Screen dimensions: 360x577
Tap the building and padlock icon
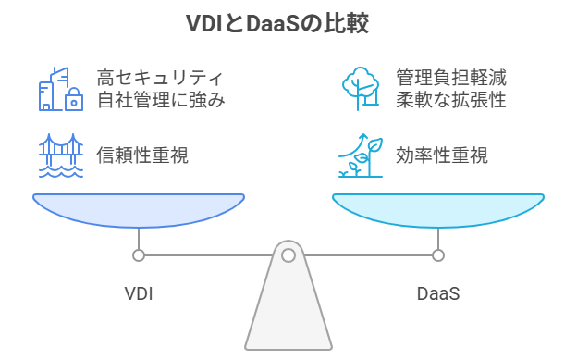coord(60,88)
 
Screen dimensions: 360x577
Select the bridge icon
coord(60,155)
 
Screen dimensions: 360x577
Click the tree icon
coord(362,88)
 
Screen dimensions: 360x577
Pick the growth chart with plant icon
coord(362,155)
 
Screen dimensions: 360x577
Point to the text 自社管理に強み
coord(162,99)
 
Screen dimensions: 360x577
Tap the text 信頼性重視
coord(142,155)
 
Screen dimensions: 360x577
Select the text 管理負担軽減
coord(450,78)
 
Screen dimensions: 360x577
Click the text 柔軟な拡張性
coord(450,99)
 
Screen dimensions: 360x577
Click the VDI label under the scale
coord(138,294)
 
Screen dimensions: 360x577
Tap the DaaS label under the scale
coord(438,294)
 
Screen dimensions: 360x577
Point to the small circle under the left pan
coord(139,255)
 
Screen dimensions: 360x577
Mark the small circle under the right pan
coord(438,255)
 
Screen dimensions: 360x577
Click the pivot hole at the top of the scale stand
coord(288,255)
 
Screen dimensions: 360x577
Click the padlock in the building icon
coord(72,102)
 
